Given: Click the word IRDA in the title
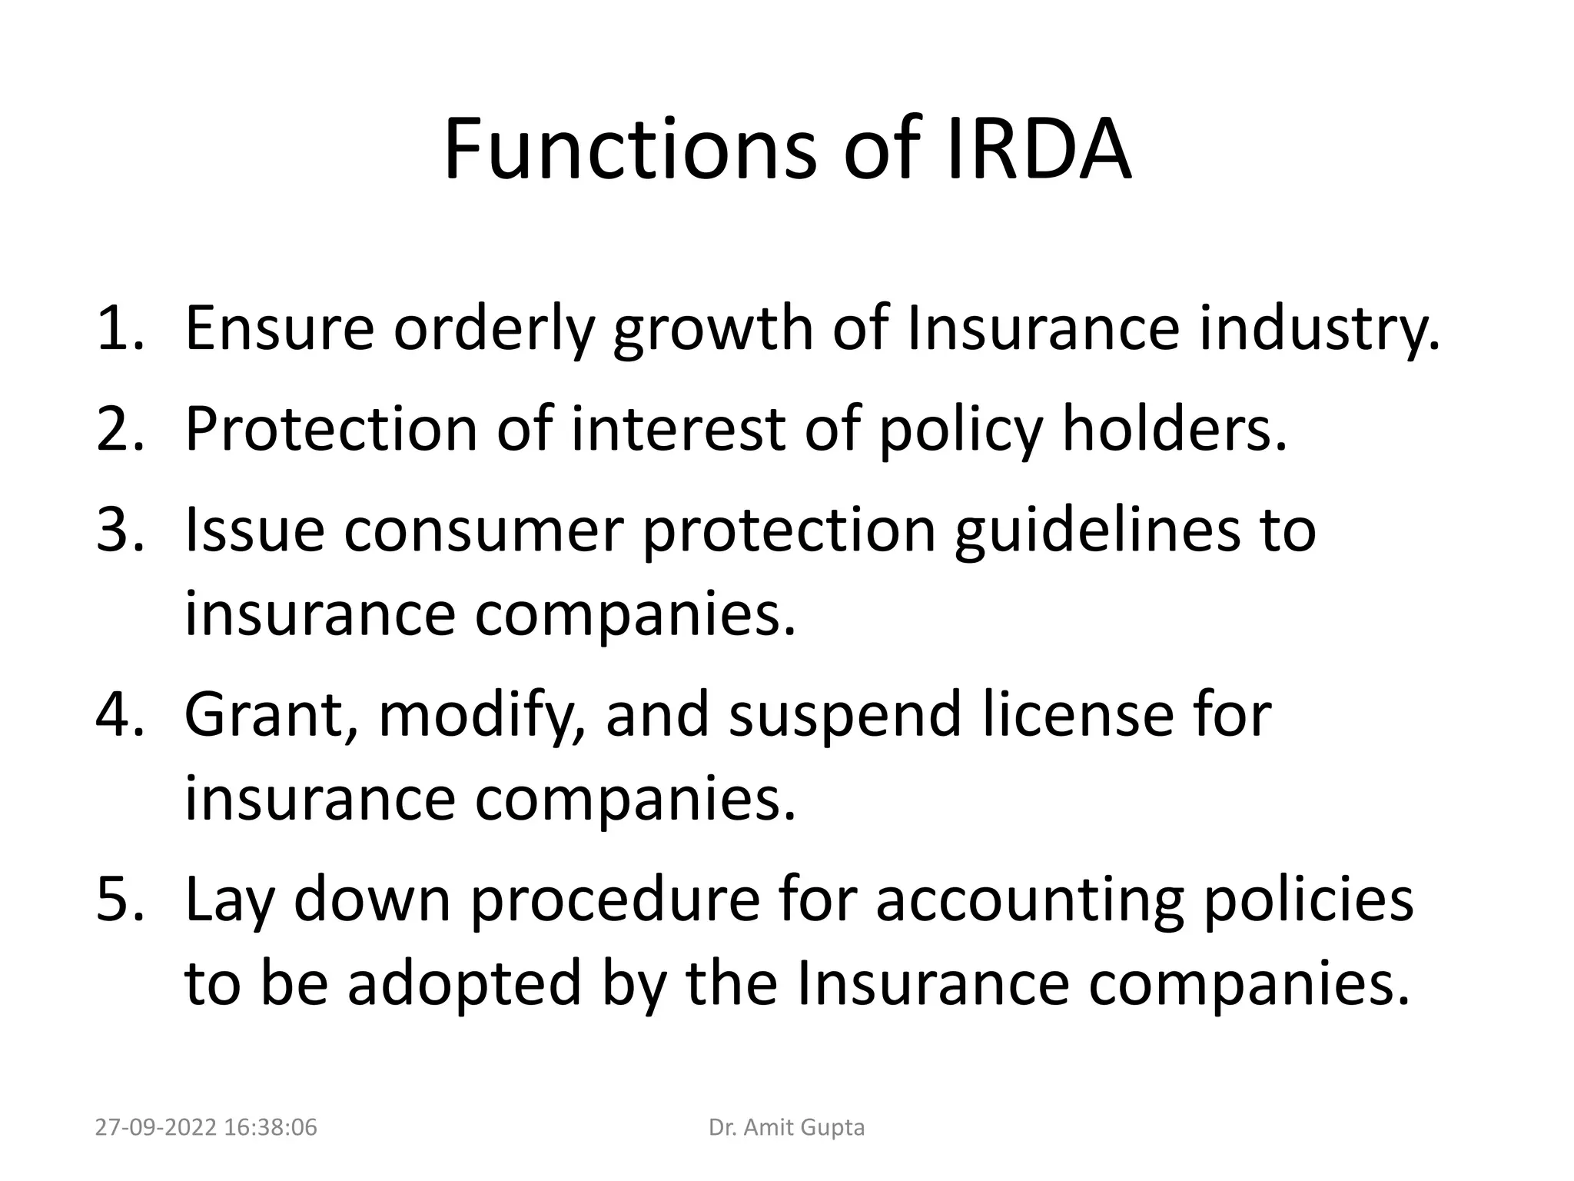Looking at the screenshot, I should [x=1038, y=149].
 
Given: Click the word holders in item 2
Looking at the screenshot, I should [x=1174, y=429].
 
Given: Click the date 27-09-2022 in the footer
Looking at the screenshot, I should [x=157, y=1128].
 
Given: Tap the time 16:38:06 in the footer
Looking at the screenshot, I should [x=272, y=1128].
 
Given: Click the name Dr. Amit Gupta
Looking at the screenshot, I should [x=786, y=1128].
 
